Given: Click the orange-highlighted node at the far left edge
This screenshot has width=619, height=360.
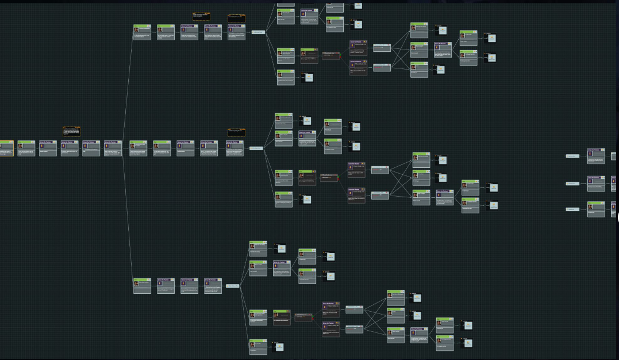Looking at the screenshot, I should (6, 148).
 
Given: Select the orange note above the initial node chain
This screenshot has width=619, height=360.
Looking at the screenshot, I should (71, 131).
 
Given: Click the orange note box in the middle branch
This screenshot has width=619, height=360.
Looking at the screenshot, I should (236, 132).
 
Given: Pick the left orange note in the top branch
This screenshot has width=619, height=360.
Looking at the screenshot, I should (201, 17).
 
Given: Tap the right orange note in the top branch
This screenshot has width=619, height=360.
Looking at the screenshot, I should (236, 18).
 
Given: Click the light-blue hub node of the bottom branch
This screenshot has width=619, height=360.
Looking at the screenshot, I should (233, 286).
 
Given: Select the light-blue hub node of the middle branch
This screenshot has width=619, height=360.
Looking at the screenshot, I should (256, 148).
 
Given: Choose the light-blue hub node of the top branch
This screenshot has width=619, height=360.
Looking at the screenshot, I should (258, 32).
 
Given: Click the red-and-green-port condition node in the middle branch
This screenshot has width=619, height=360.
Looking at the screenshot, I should (329, 178).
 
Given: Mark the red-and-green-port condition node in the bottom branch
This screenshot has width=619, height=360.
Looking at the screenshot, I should (303, 316).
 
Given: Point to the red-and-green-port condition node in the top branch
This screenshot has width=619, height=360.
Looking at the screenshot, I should (331, 56).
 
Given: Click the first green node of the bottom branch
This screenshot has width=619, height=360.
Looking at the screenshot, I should (142, 286).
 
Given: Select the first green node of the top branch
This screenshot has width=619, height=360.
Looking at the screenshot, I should (142, 32).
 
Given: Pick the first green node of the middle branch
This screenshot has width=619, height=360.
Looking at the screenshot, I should (139, 148).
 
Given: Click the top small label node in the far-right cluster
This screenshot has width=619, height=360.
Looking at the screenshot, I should (572, 156).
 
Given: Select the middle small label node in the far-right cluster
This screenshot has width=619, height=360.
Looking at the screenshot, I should (572, 183).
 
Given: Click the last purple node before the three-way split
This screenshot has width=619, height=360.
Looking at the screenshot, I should (113, 148).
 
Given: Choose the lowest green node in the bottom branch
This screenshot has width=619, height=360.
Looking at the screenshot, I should (258, 346).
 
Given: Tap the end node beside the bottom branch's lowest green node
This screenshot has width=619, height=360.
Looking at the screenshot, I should (278, 346).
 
